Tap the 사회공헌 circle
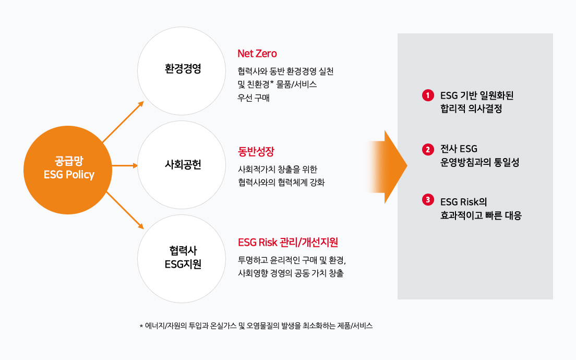pyautogui.click(x=182, y=165)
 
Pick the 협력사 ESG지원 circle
pyautogui.click(x=182, y=258)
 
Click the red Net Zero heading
pyautogui.click(x=257, y=53)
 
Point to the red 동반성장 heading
pyautogui.click(x=256, y=152)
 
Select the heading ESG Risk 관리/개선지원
pyautogui.click(x=288, y=242)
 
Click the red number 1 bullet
pyautogui.click(x=427, y=95)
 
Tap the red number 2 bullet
pyautogui.click(x=427, y=149)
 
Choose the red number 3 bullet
pyautogui.click(x=427, y=200)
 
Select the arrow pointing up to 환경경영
pyautogui.click(x=123, y=121)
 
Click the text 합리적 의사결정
pyautogui.click(x=471, y=110)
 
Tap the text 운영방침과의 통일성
pyautogui.click(x=479, y=163)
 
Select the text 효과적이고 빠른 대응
pyautogui.click(x=481, y=215)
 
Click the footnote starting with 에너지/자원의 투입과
pyautogui.click(x=256, y=326)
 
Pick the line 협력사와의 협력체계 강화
pyautogui.click(x=281, y=183)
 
